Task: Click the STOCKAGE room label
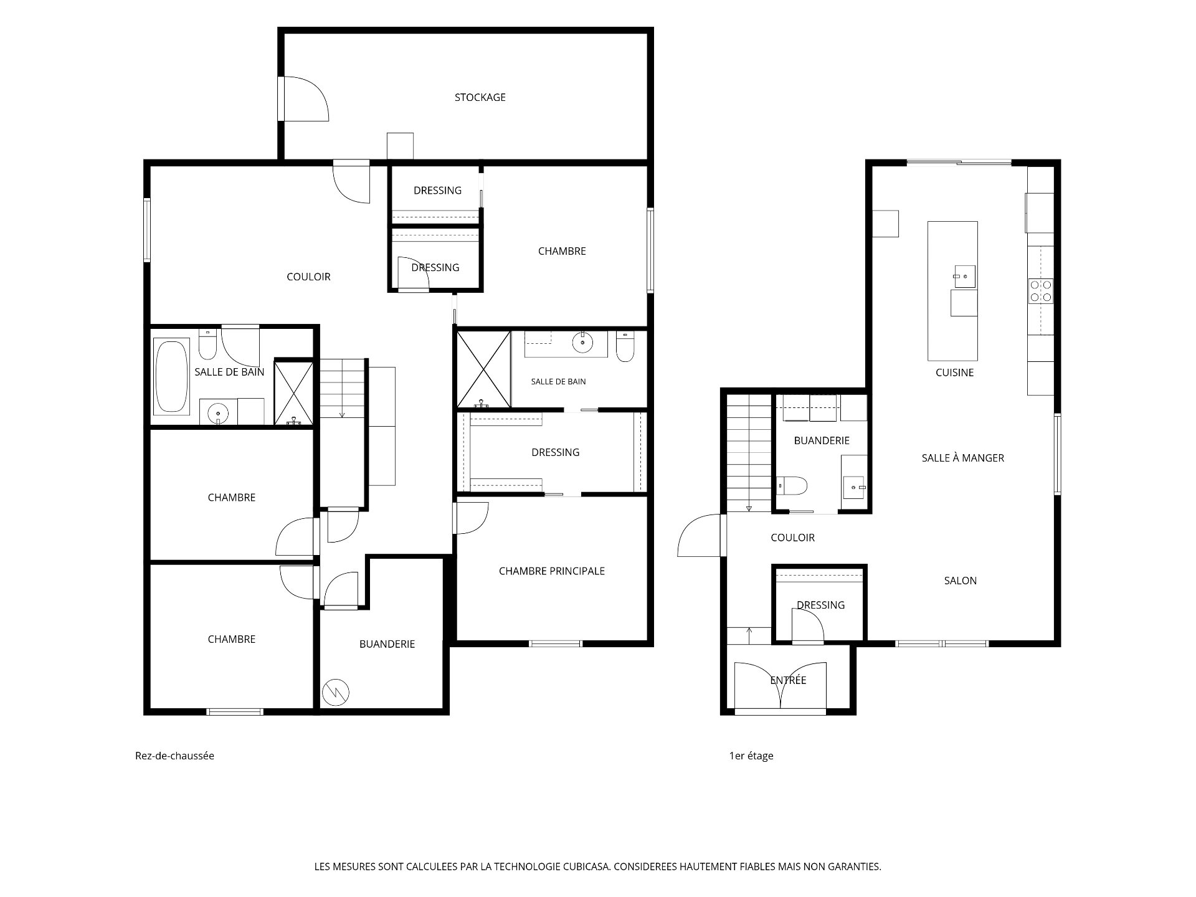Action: coord(480,97)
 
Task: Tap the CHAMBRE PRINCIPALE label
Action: coord(552,571)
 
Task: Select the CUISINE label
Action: coord(954,373)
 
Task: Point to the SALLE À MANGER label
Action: coord(963,458)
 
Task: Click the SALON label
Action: coord(961,581)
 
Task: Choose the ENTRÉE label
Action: coord(788,680)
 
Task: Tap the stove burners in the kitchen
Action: coord(1040,291)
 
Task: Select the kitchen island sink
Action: coord(964,275)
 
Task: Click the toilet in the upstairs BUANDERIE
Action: coord(792,485)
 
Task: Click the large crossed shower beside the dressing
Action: coord(483,370)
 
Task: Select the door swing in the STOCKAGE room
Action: coord(306,98)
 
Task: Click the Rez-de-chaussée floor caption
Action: coord(174,756)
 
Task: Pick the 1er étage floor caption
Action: coord(751,756)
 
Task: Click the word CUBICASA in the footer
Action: coord(587,866)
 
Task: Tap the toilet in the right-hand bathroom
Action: coord(625,347)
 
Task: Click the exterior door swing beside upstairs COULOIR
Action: coord(700,535)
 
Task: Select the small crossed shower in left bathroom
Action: coord(293,393)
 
